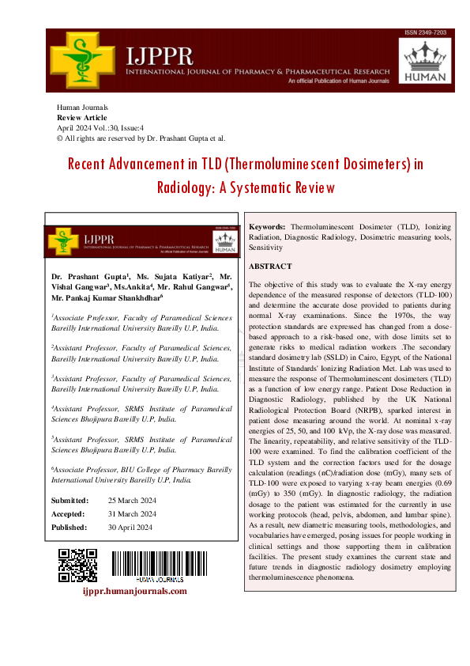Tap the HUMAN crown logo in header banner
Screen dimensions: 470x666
pos(427,61)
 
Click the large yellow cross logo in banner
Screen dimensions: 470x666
pos(83,61)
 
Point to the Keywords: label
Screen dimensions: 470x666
pos(267,227)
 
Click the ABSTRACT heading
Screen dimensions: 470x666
pos(270,267)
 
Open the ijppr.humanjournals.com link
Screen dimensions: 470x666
pos(135,590)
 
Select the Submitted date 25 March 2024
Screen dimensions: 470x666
pos(132,501)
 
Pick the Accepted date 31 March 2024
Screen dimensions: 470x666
pos(132,514)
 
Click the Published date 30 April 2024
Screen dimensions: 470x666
pos(131,527)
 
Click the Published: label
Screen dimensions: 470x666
pos(70,527)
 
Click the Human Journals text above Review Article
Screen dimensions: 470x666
pos(82,107)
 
